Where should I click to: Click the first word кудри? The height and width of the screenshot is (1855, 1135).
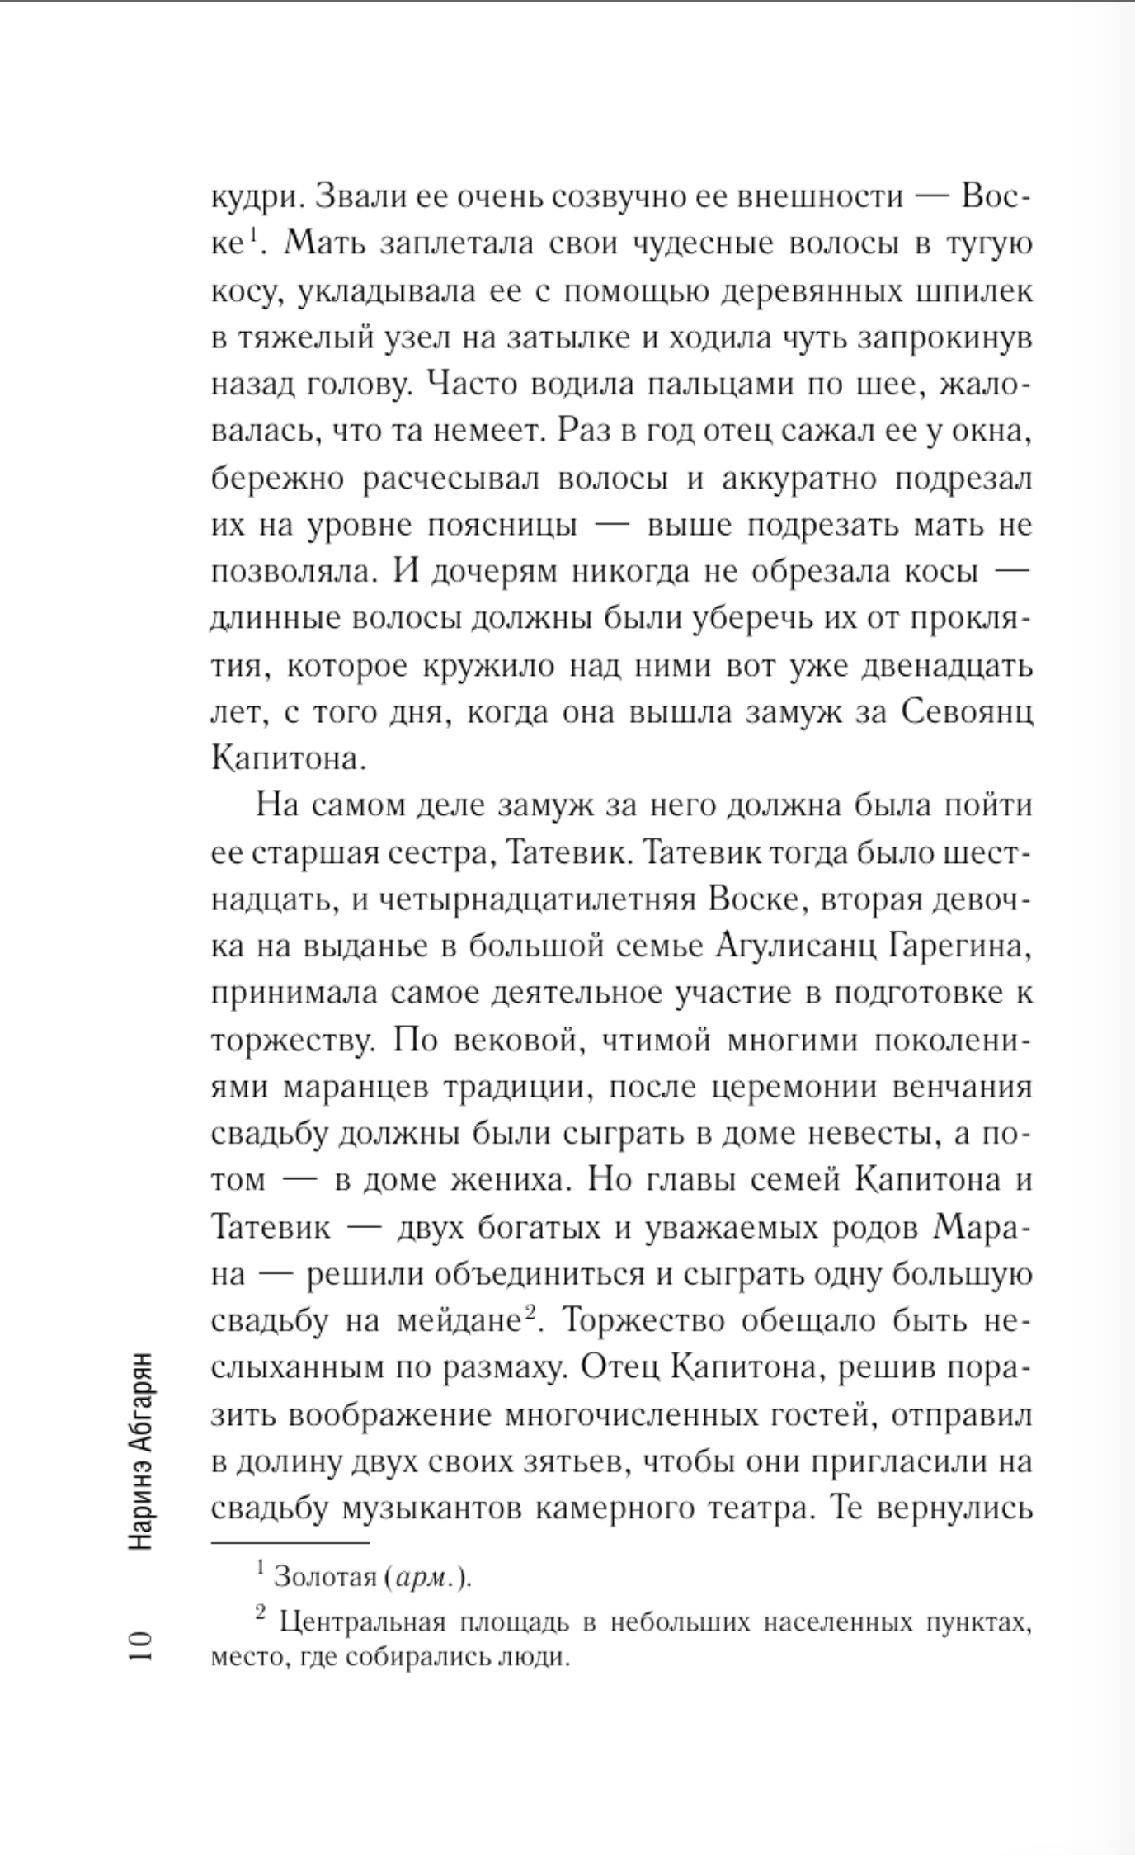pyautogui.click(x=252, y=199)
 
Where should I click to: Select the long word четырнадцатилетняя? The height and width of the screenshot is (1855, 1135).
pyautogui.click(x=539, y=899)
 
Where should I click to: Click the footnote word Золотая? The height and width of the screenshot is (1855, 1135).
pyautogui.click(x=325, y=1577)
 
